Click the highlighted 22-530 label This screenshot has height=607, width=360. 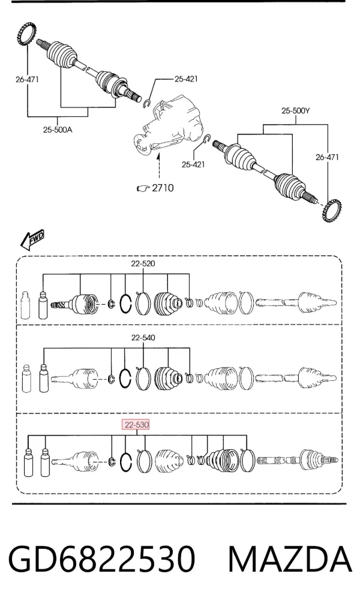(x=136, y=425)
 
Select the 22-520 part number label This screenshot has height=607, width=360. (x=143, y=264)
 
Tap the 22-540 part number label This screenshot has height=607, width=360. (x=143, y=338)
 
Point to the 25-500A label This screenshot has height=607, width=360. (x=57, y=130)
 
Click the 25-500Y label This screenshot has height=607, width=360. (x=295, y=111)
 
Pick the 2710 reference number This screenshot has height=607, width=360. (x=163, y=188)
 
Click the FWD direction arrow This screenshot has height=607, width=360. (x=32, y=240)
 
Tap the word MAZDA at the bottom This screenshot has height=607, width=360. (x=290, y=559)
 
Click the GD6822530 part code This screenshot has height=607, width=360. (x=102, y=559)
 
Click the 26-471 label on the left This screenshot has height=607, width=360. (x=27, y=79)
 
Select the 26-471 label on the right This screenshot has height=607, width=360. (x=327, y=157)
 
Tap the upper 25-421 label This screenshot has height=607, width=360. (x=186, y=79)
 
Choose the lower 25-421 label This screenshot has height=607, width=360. (x=193, y=164)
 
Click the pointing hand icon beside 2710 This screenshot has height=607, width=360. (x=143, y=188)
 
